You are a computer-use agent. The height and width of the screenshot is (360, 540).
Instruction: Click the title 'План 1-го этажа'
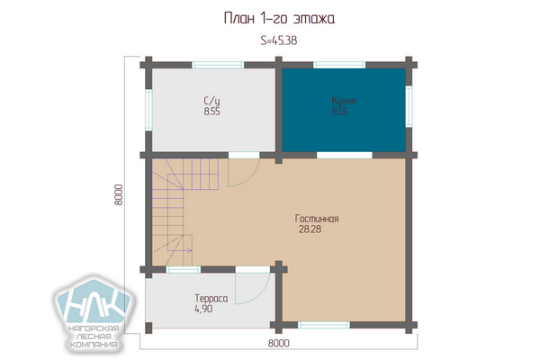[x=279, y=18]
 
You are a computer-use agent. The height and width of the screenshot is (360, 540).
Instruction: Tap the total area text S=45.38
[x=279, y=40]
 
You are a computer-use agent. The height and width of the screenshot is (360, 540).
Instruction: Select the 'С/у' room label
[x=211, y=101]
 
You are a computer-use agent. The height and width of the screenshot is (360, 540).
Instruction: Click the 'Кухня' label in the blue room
[x=344, y=101]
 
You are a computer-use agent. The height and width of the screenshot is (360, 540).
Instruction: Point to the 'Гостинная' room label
[x=317, y=219]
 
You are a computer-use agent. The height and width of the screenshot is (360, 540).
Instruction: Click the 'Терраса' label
[x=211, y=298]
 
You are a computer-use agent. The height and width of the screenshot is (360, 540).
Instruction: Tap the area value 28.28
[x=310, y=229]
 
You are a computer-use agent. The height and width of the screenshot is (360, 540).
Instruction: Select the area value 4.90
[x=203, y=309]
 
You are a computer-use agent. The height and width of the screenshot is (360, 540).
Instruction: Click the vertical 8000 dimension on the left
[x=119, y=194]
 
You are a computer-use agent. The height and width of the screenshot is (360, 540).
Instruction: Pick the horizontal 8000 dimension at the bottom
[x=279, y=343]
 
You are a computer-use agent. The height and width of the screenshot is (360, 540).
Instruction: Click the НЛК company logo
[x=94, y=313]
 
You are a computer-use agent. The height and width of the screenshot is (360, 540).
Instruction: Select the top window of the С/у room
[x=218, y=65]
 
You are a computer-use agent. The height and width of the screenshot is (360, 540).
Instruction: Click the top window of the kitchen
[x=339, y=65]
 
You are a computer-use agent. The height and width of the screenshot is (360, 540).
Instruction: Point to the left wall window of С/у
[x=148, y=110]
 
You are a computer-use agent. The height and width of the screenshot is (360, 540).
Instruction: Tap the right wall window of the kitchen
[x=409, y=106]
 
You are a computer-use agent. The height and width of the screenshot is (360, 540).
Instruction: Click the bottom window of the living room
[x=324, y=325]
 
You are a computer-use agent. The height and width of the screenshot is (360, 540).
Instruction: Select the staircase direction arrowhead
[x=190, y=250]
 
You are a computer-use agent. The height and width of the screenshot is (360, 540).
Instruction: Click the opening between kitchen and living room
[x=345, y=155]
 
